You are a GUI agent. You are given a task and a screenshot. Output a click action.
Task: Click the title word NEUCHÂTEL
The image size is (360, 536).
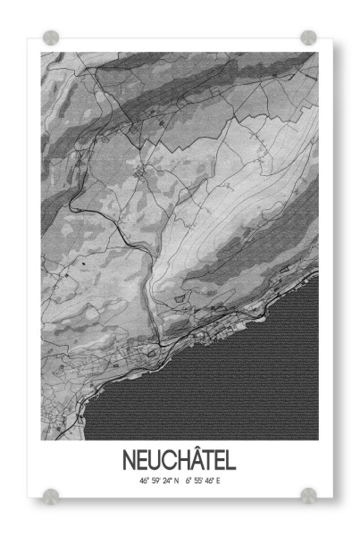[180, 461]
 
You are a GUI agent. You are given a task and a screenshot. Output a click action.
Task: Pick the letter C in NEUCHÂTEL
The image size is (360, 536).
[165, 461]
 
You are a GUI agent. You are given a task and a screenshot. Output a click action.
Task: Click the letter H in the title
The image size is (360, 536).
[177, 461]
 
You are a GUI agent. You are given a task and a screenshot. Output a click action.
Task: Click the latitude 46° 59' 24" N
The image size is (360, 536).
[158, 481]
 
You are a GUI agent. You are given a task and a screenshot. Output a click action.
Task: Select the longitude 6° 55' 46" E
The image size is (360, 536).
[203, 481]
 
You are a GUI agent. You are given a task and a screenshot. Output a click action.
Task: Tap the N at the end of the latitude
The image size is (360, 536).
[176, 481]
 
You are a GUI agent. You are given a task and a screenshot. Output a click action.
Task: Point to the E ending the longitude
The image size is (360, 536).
[218, 481]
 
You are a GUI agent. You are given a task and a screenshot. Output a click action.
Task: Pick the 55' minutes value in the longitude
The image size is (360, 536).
[198, 481]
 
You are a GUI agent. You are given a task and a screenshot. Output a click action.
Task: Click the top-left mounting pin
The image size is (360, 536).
[51, 38]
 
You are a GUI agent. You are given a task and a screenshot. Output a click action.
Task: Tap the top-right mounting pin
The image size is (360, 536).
[308, 38]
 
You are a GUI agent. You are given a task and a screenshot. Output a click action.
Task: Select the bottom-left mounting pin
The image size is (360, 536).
[51, 494]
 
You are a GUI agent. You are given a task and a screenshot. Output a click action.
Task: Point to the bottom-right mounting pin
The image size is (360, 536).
[308, 494]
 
